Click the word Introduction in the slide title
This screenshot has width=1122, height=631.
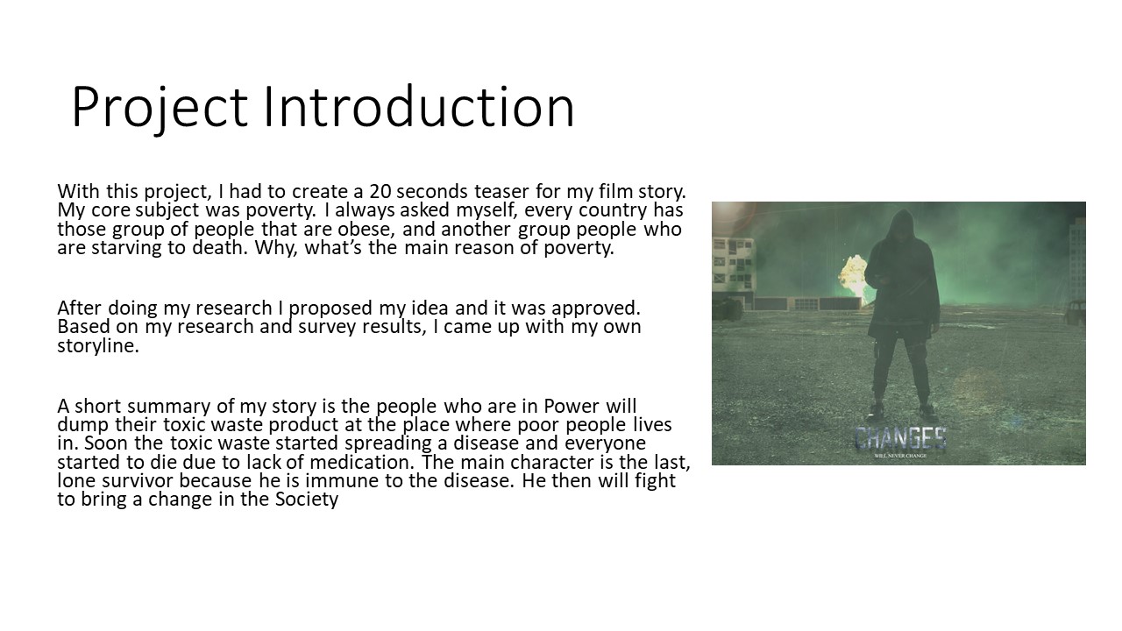point(419,107)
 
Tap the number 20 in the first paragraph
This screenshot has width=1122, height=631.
point(380,191)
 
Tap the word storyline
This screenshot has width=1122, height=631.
point(97,345)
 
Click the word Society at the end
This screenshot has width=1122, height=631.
point(307,500)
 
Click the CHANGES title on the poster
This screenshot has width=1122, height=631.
point(900,439)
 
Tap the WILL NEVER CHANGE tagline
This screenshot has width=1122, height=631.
point(900,457)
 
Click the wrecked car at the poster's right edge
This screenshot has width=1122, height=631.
point(1076,312)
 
